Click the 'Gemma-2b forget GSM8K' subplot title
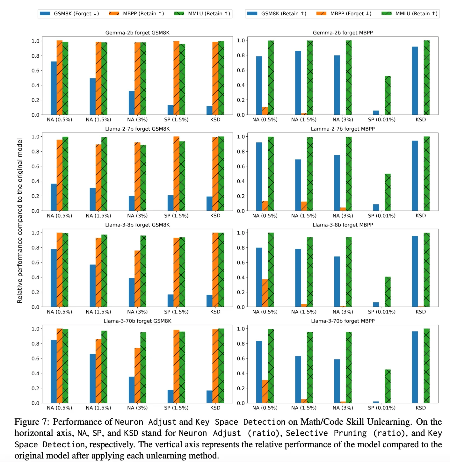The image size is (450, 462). [137, 33]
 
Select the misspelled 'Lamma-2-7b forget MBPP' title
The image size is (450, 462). [343, 129]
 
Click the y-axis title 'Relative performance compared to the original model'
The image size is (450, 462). [20, 220]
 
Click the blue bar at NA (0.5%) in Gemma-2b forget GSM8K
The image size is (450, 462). [54, 88]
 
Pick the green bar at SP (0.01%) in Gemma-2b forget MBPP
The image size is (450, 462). [388, 96]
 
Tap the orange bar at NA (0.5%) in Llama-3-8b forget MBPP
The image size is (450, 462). [265, 293]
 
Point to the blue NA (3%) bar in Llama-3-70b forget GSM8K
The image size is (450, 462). [132, 390]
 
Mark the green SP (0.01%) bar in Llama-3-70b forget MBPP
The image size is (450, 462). [388, 386]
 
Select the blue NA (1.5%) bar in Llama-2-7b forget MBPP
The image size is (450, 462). [298, 185]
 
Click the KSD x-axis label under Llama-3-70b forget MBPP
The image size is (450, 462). [421, 408]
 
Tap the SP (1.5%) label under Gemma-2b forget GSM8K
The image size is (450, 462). [176, 120]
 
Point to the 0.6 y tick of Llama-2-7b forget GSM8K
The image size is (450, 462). [35, 166]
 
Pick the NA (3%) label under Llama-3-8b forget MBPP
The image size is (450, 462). [343, 312]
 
